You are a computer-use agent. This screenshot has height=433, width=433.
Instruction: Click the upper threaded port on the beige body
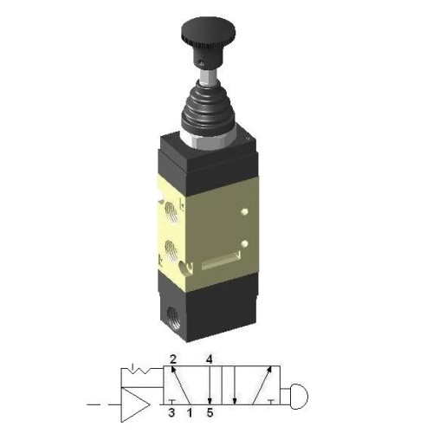[x=177, y=210]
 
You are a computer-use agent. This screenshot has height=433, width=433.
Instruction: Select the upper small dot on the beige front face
[x=245, y=210]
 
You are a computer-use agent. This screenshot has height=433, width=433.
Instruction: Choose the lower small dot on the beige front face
[x=245, y=243]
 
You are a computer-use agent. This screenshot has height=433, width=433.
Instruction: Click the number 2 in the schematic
[x=173, y=359]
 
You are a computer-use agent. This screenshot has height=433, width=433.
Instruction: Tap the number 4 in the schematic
[x=209, y=359]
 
